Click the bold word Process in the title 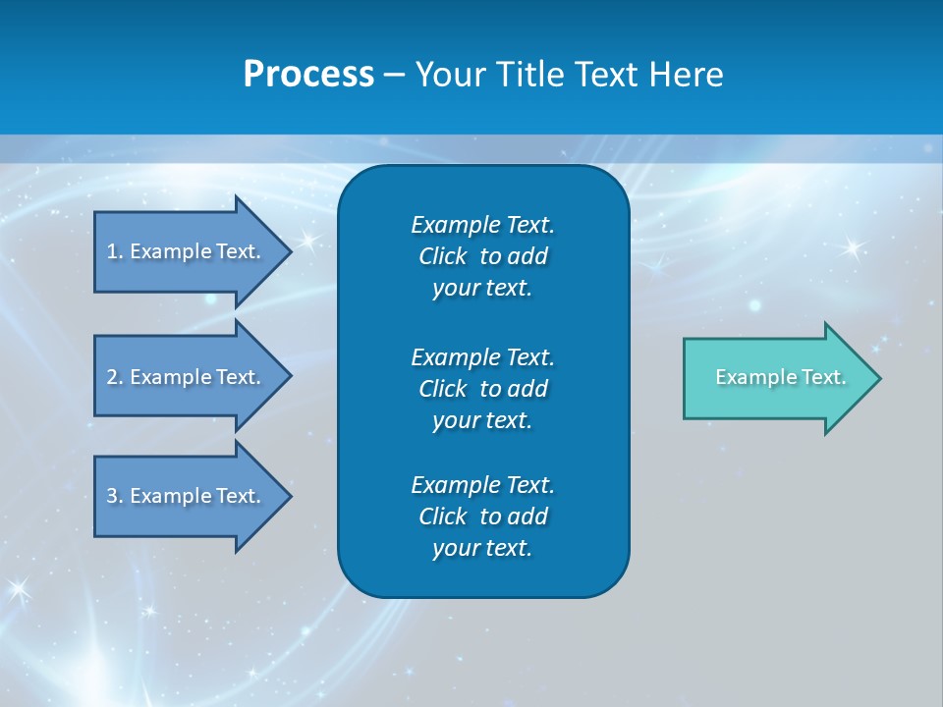(x=308, y=75)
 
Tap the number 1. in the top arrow (x=115, y=251)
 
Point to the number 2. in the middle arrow (x=115, y=377)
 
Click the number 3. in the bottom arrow (x=115, y=497)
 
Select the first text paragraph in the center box (x=482, y=256)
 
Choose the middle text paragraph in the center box (x=482, y=389)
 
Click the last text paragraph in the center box (x=482, y=517)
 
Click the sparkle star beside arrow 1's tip (x=307, y=240)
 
